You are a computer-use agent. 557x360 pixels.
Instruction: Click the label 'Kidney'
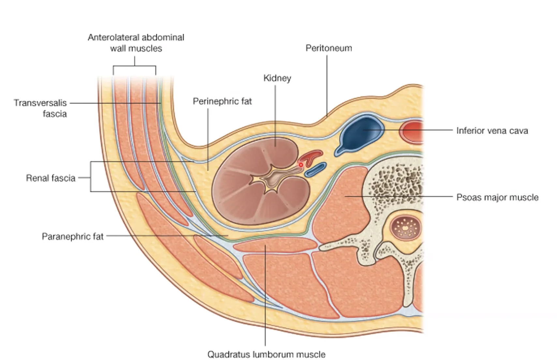pos(277,78)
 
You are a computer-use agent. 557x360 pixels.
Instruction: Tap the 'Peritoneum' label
pos(329,48)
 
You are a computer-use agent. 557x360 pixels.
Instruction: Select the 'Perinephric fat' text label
pos(222,101)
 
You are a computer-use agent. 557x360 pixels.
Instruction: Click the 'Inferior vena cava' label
pos(492,131)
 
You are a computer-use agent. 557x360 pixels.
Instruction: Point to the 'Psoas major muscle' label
pos(497,197)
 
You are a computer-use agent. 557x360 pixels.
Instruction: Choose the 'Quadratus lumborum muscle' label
pos(266,354)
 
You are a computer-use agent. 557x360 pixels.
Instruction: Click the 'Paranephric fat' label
pos(73,236)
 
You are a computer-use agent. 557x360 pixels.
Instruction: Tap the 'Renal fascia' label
pos(51,178)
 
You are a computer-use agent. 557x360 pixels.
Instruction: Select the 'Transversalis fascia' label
pos(40,108)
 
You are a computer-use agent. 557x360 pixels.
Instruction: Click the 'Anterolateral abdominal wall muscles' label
pos(136,43)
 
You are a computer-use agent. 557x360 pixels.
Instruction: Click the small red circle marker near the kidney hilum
pos(301,165)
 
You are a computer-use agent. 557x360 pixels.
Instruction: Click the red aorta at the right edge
pos(412,132)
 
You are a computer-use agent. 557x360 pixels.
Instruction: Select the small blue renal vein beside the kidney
pos(315,170)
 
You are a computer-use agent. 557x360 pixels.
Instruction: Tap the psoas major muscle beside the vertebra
pos(341,204)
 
